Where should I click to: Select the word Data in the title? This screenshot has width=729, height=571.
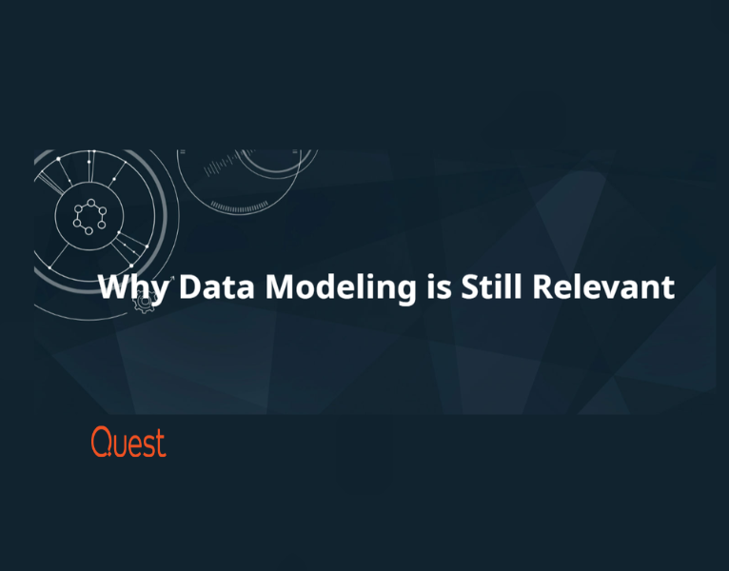tap(217, 286)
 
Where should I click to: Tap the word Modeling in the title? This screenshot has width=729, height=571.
tap(341, 288)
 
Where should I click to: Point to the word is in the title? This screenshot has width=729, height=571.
tap(439, 286)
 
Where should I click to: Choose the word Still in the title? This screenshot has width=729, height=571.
tap(491, 285)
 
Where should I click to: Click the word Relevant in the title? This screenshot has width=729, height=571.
tap(603, 286)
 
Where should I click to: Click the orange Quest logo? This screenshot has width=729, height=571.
tap(128, 442)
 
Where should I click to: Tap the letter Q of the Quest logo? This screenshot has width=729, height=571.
tap(102, 442)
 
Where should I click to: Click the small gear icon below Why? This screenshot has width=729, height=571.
tap(144, 303)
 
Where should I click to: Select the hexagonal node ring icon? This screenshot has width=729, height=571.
tap(89, 217)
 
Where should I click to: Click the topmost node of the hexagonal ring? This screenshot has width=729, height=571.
tap(91, 203)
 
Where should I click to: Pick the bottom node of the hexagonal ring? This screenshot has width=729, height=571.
tap(89, 231)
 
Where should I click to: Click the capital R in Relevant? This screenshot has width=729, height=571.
tap(542, 286)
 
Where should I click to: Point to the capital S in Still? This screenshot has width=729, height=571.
tap(470, 286)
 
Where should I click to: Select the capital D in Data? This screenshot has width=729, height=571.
tap(190, 286)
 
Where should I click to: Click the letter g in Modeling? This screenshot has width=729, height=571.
tap(405, 293)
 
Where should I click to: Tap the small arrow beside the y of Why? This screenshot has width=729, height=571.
tap(171, 279)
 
